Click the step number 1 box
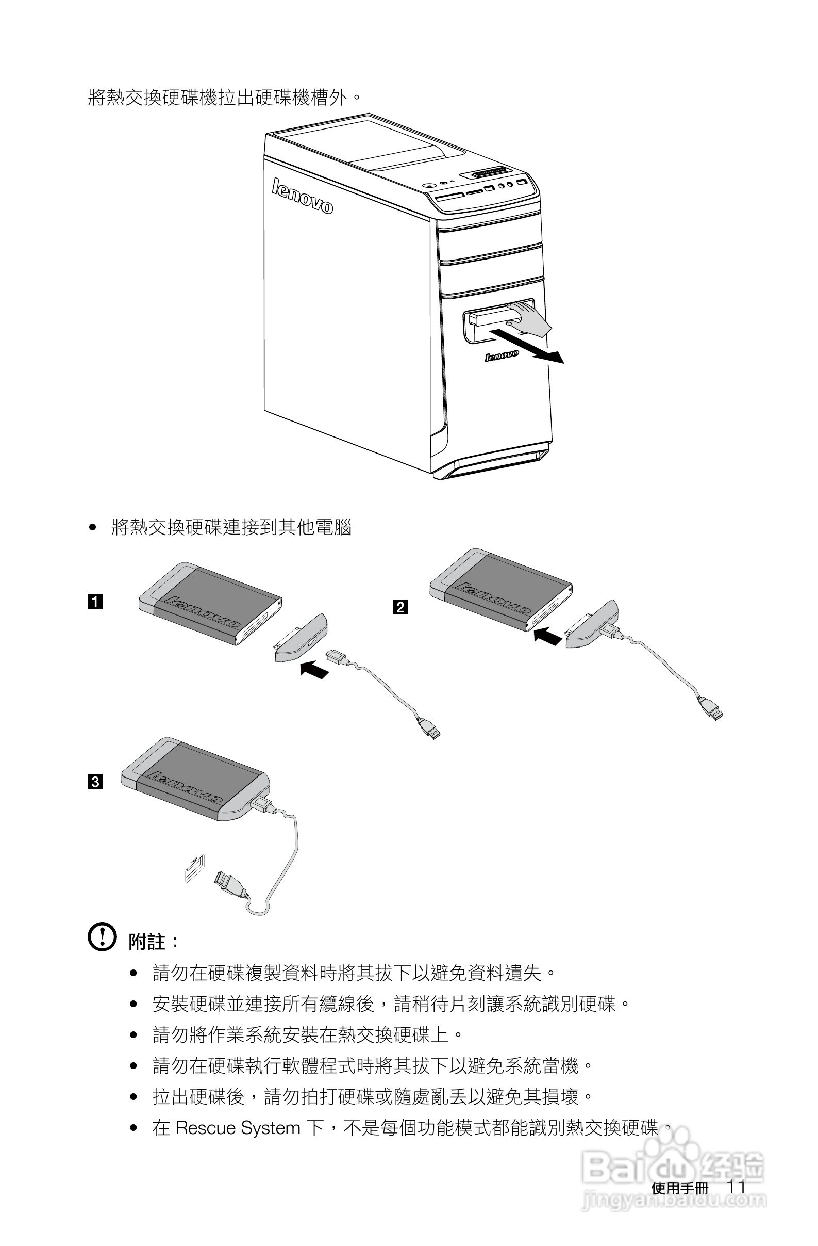[x=95, y=601]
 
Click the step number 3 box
[x=95, y=782]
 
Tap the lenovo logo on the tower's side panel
[x=302, y=197]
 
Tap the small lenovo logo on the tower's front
[x=502, y=356]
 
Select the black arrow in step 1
[x=314, y=669]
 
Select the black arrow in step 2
[x=547, y=636]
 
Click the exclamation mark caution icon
[x=102, y=936]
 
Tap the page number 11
[x=736, y=1187]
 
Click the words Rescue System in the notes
[x=238, y=1128]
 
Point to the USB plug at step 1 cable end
[x=429, y=727]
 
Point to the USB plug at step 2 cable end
[x=712, y=709]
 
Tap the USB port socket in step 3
[x=194, y=869]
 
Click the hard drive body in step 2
[x=499, y=589]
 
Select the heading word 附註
[x=147, y=942]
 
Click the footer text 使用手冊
[x=679, y=1188]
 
